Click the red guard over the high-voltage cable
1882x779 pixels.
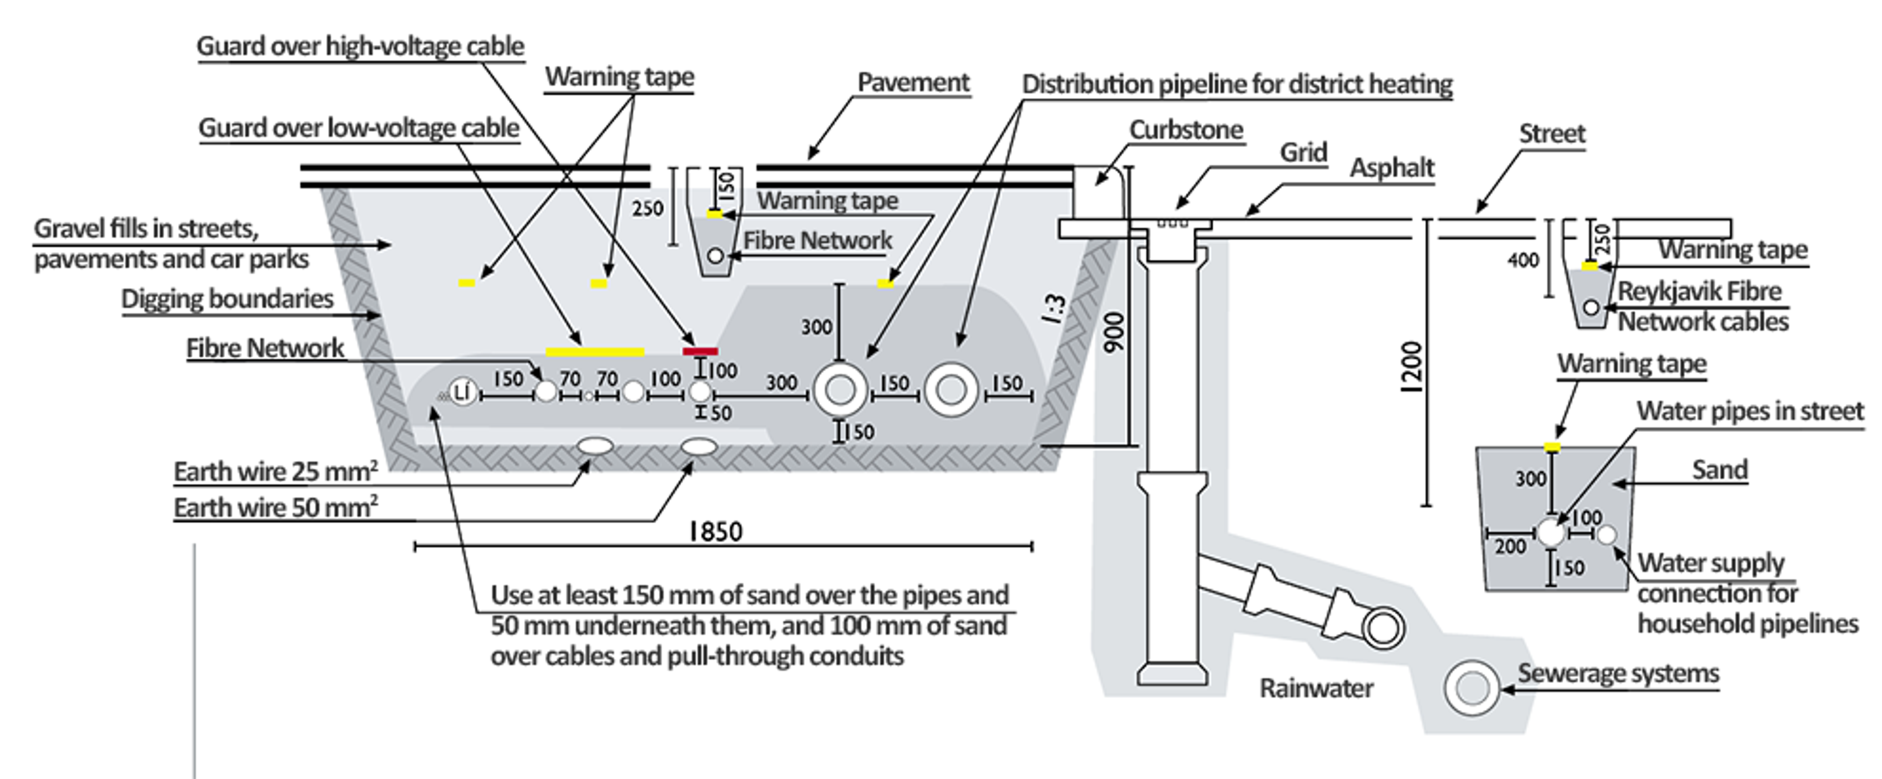700,352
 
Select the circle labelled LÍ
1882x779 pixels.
462,393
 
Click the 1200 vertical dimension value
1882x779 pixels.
1411,367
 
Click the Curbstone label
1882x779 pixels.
1186,130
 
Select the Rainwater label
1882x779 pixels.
1316,688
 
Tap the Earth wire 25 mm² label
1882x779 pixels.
275,472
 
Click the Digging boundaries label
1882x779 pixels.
227,298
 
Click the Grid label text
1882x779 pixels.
1303,152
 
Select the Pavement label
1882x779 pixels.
913,82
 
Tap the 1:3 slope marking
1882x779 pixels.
1054,309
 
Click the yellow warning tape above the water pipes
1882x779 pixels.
1552,447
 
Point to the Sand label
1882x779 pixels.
1719,469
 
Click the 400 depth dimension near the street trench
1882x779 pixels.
1523,260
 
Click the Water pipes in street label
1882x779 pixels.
1750,411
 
